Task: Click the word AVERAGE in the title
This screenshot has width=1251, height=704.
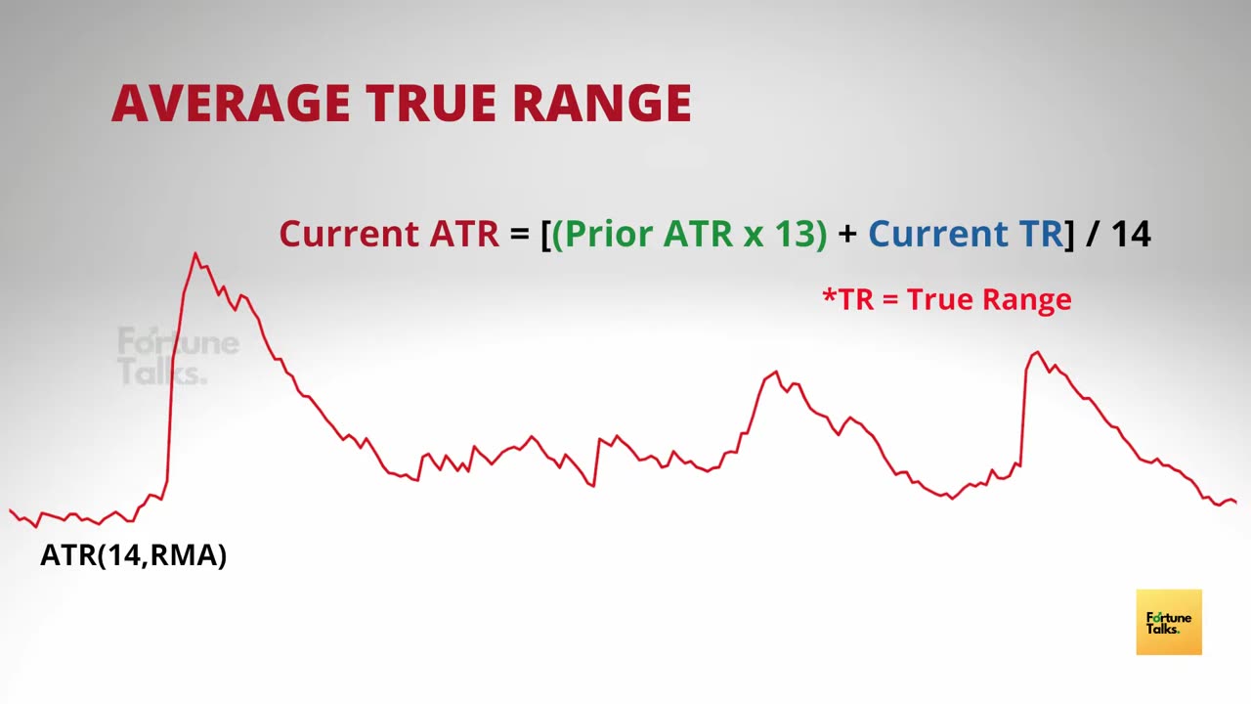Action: pos(231,103)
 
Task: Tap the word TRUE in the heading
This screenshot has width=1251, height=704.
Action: pos(431,103)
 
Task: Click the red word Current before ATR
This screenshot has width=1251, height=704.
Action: pos(349,234)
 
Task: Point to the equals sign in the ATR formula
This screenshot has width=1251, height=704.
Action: pos(519,234)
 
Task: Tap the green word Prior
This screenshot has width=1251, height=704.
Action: pos(609,235)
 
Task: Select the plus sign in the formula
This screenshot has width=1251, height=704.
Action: pos(847,234)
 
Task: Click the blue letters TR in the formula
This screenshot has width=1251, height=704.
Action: pos(1042,234)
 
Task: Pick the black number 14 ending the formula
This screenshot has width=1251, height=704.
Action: pos(1131,234)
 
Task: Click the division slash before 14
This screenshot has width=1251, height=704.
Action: pos(1092,234)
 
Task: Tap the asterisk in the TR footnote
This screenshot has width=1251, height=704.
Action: pos(830,294)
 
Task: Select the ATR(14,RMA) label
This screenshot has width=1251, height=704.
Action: pos(134,555)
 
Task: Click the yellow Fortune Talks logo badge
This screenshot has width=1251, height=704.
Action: pos(1169,622)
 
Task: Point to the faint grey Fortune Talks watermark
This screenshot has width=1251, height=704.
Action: pos(178,356)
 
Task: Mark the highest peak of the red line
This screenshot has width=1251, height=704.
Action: pos(194,253)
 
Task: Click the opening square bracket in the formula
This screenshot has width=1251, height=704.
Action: pos(545,235)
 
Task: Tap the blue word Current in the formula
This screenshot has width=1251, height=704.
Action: pos(938,234)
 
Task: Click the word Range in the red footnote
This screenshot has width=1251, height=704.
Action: pos(1027,300)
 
